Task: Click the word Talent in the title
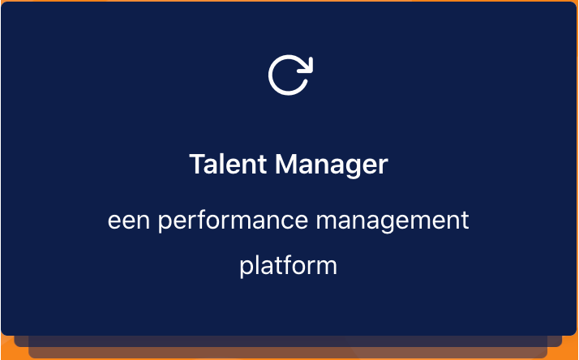click(x=228, y=164)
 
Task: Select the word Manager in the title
click(x=332, y=165)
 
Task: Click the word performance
click(x=233, y=221)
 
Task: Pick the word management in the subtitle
click(x=392, y=221)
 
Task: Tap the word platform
click(x=289, y=265)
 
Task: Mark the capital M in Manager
click(x=285, y=164)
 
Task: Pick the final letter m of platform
click(x=327, y=268)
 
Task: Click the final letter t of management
click(x=465, y=221)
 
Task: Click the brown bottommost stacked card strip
click(x=288, y=353)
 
